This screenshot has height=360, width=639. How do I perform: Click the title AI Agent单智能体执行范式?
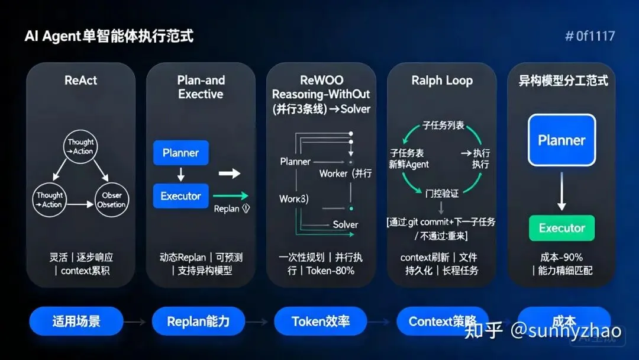pos(109,36)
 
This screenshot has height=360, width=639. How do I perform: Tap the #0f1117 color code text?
pos(590,36)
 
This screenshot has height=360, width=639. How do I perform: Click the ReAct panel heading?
pos(80,81)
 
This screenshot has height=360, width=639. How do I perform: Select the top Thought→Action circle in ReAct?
pos(80,146)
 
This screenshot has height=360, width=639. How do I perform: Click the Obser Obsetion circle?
pos(111,200)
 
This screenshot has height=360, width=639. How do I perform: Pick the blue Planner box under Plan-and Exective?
pos(180,153)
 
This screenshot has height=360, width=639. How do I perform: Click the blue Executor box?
pos(180,196)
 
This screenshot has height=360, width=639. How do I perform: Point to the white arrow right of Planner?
pos(230,173)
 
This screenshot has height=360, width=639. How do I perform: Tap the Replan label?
pos(227,208)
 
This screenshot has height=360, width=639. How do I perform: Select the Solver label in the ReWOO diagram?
pos(345,224)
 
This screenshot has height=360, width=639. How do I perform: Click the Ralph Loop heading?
pos(442,81)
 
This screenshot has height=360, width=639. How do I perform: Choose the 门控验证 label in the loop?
pos(442,193)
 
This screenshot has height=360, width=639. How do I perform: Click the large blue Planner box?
pos(561,140)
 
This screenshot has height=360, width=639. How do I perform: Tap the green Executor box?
pos(561,228)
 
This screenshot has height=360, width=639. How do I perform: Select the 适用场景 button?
pos(76,322)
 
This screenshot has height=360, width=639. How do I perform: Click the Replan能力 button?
pos(198,322)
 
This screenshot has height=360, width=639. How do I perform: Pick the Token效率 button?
pos(321,322)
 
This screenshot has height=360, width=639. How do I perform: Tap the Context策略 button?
pos(443,322)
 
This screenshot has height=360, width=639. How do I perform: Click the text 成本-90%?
pos(561,258)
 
